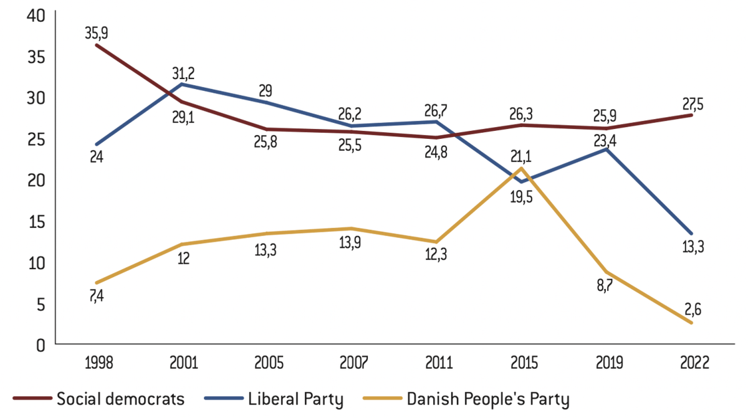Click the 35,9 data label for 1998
point(96,32)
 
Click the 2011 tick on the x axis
point(436,363)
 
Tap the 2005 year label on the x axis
point(267,363)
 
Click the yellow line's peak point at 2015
point(521,168)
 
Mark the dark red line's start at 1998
point(97,45)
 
